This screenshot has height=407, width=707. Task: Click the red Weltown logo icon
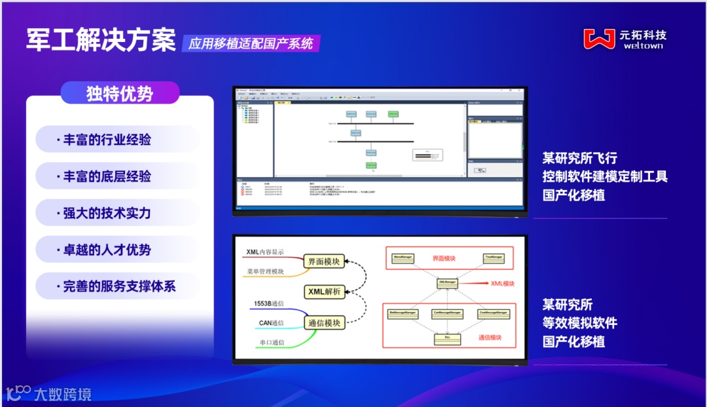(x=599, y=39)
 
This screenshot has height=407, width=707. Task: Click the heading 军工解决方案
(x=101, y=40)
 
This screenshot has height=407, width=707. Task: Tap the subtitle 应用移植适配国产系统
(x=251, y=44)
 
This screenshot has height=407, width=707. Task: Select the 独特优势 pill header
(x=120, y=93)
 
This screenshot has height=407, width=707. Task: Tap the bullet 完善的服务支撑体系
(x=119, y=286)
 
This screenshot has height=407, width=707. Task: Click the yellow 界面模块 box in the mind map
(x=323, y=262)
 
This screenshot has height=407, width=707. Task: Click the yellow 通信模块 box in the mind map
(x=323, y=322)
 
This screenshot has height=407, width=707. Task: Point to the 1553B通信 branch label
(x=268, y=303)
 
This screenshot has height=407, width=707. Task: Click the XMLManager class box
(x=448, y=282)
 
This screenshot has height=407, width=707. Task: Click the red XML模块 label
(x=503, y=283)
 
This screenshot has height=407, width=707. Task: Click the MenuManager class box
(x=401, y=258)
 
